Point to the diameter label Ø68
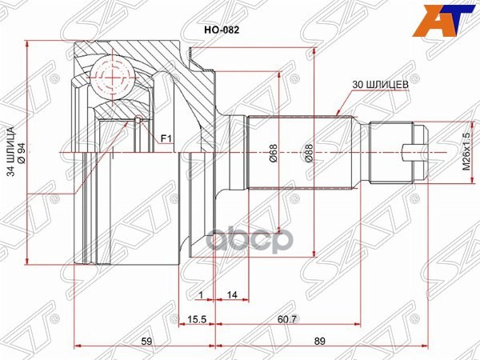click(x=273, y=153)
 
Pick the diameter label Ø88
click(x=306, y=153)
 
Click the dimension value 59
click(x=146, y=342)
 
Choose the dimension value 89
click(x=321, y=342)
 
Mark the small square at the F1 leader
click(x=138, y=122)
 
